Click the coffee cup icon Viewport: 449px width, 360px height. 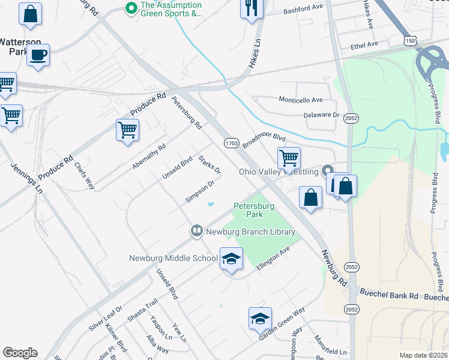click(x=38, y=55)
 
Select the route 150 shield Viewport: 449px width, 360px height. click(x=410, y=40)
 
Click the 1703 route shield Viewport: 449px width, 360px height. click(x=232, y=143)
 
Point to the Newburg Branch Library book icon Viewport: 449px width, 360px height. click(x=196, y=231)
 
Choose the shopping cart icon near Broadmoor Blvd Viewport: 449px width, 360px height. click(x=289, y=158)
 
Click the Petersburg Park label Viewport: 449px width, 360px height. click(x=254, y=210)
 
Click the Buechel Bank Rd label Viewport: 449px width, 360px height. click(x=388, y=295)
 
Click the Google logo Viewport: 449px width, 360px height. click(x=20, y=353)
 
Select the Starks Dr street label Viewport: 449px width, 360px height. click(x=209, y=164)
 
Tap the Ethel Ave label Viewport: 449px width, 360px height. click(x=364, y=44)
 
